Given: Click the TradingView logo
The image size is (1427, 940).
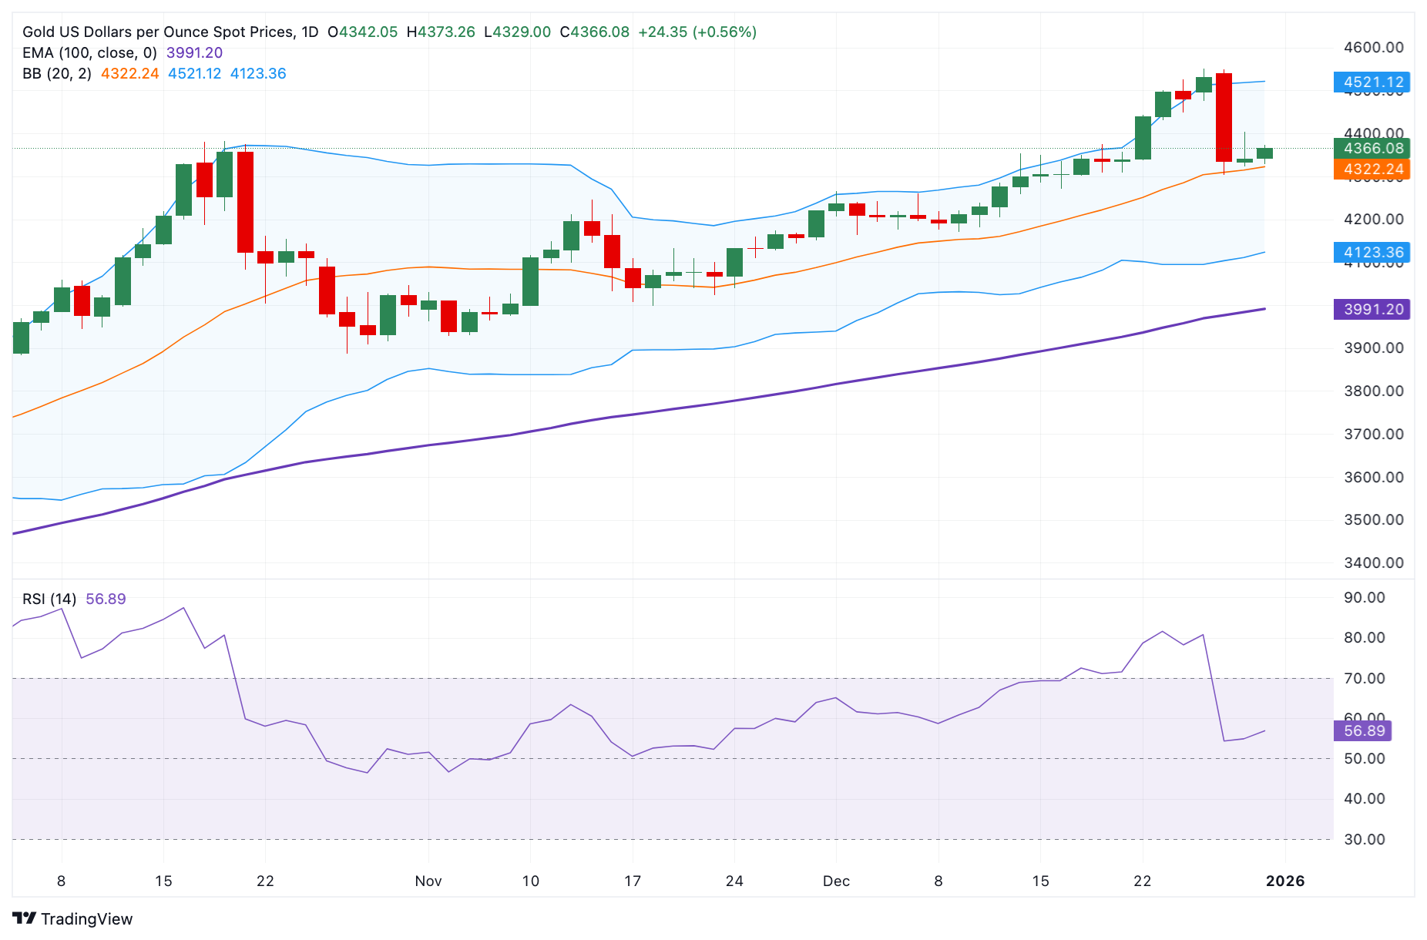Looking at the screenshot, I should (73, 918).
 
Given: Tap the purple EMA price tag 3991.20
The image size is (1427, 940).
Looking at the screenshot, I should (1372, 309).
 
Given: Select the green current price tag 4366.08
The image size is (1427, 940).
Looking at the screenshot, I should (1372, 148).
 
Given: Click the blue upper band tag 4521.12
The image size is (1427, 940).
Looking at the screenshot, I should (1372, 82).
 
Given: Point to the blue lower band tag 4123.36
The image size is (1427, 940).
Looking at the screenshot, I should (1372, 252).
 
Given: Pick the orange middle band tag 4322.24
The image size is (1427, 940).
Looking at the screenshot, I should (1372, 169).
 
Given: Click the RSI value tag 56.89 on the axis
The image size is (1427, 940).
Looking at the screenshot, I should (1363, 730).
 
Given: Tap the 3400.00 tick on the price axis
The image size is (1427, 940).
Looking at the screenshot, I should (1373, 562).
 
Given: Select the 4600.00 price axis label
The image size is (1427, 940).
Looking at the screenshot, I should (1373, 47).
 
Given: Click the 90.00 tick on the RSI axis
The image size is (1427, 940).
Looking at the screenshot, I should (1364, 597).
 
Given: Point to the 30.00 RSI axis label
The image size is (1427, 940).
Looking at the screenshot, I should (1364, 839).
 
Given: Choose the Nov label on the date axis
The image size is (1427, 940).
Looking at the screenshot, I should (428, 881).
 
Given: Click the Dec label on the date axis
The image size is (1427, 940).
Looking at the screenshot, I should (836, 881).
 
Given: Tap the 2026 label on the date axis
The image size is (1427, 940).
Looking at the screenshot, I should (1285, 881).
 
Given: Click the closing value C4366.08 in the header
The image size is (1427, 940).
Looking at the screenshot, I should (594, 32).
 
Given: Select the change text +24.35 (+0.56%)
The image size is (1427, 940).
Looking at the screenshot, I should (697, 32).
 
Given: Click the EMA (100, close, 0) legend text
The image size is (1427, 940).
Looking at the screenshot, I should (89, 52).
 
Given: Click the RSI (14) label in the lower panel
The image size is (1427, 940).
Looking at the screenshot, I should (49, 599).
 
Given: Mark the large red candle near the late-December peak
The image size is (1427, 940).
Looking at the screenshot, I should (1224, 117).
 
